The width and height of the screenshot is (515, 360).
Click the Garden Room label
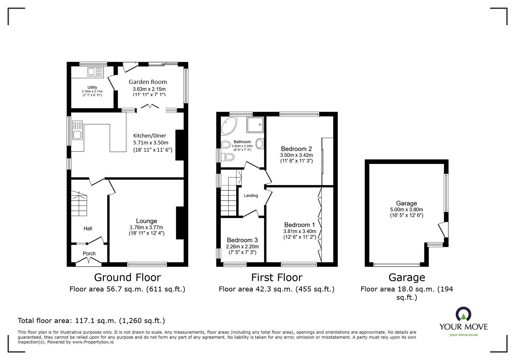coord(148,82)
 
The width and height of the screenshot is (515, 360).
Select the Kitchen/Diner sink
coord(77,135)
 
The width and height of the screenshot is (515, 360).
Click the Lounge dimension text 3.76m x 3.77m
coord(146,227)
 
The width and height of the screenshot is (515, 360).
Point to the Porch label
coord(89,254)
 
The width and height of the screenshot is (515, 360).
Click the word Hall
coord(88,228)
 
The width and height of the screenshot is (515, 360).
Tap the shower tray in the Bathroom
coord(255,125)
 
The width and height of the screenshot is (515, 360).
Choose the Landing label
coord(251,196)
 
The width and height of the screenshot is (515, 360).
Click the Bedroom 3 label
coord(242,240)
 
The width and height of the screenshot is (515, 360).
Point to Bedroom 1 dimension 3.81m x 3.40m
coord(300,231)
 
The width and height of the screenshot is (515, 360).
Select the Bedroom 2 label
coord(296,149)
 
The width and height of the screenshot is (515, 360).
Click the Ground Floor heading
coord(127,277)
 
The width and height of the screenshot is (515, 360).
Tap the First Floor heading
coord(276,277)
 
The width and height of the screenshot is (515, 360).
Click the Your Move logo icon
coord(464,314)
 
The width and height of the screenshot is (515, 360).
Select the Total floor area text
coord(91,321)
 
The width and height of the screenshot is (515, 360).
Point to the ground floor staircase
coord(79,204)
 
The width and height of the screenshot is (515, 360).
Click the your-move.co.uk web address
coord(464,335)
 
